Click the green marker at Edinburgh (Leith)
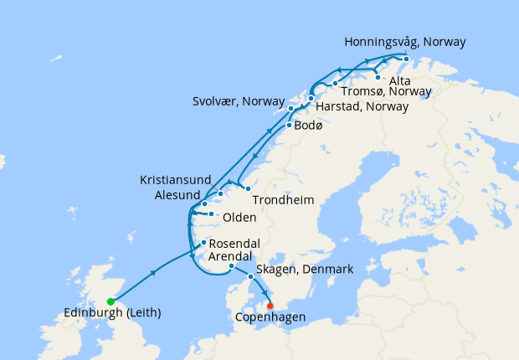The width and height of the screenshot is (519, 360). [110, 301]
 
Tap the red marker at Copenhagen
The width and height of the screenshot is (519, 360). [270, 305]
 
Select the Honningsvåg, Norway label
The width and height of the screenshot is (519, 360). [405, 41]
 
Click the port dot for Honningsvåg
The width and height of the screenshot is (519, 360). [406, 59]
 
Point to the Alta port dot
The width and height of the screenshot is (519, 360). [378, 78]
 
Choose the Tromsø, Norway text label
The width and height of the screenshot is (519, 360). [387, 92]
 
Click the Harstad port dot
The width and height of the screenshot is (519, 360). [311, 99]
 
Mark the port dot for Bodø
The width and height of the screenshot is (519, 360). [290, 126]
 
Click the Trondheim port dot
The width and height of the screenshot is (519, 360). [248, 188]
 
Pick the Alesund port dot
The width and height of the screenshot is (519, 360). [204, 203]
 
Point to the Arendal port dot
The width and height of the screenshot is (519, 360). [231, 267]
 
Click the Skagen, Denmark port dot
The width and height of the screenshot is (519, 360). [250, 276]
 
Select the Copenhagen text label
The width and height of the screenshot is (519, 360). [270, 318]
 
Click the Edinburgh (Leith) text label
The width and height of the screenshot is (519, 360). [112, 313]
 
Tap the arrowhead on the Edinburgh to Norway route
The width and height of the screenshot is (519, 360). [154, 272]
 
